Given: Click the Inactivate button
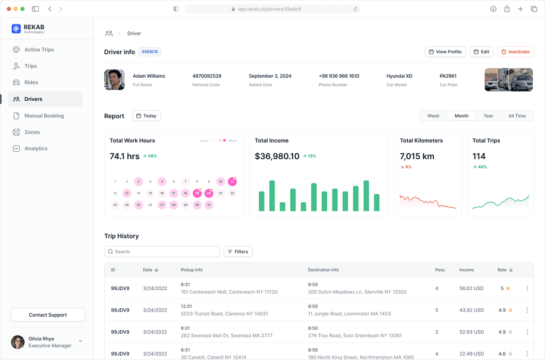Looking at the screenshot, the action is tap(516, 52).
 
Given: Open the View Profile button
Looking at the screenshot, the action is tap(445, 52).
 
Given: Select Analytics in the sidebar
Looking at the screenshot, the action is tap(36, 149).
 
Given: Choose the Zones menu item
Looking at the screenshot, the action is tap(32, 132).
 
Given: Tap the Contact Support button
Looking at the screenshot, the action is tap(48, 315).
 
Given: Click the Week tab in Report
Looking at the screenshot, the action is tap(433, 116).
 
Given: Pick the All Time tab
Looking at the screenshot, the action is tap(517, 116).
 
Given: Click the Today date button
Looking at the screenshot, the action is tap(146, 116).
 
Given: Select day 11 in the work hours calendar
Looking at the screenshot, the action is tap(232, 181).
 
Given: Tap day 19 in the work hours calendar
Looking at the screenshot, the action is tap(197, 193).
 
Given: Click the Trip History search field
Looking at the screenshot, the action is tap(162, 251).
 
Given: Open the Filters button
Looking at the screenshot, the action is tap(238, 251).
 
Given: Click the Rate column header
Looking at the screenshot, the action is tap(505, 270).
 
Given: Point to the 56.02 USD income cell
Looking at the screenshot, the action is tap(472, 288).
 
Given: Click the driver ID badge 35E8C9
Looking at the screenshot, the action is tap(150, 52).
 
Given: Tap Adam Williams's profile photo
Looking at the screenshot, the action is tap(114, 80).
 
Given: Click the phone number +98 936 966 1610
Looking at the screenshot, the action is tap(339, 76).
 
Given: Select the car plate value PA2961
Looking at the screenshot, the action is tap(448, 76).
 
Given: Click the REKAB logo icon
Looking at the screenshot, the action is tap(16, 29).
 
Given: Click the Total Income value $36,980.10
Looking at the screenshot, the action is tap(277, 157).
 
